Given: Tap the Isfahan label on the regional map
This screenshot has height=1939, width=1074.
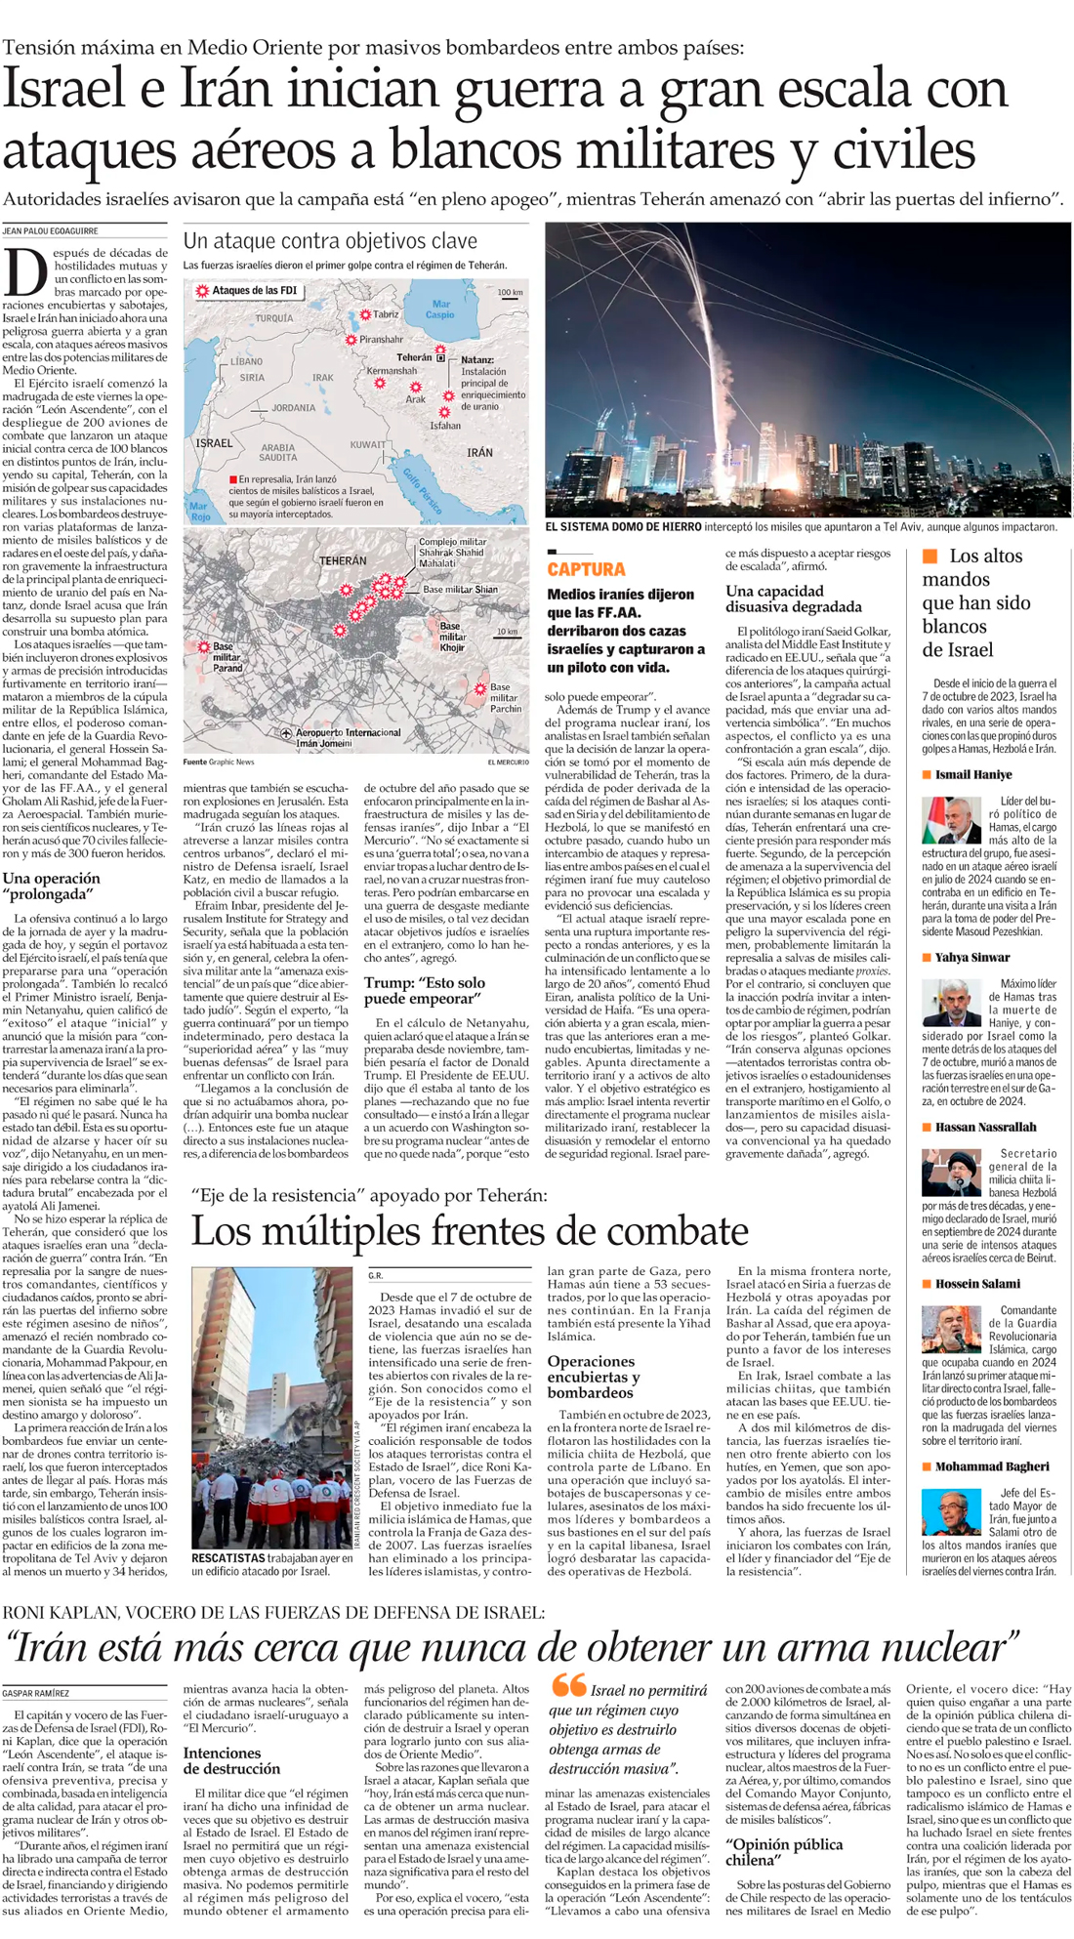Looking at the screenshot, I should click(445, 426).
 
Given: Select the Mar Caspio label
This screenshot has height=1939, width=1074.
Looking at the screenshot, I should click(441, 309).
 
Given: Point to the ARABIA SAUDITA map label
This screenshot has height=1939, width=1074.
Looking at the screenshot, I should click(278, 452).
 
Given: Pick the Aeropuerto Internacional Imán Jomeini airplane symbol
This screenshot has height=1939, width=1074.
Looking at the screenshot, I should click(286, 733).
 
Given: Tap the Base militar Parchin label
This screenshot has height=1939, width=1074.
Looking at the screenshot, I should click(505, 697).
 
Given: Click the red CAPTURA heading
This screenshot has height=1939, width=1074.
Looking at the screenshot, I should click(586, 569).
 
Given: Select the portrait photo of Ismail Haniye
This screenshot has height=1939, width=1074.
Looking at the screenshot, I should click(951, 820).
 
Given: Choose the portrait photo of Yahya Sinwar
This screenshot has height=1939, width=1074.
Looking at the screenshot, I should click(951, 1003).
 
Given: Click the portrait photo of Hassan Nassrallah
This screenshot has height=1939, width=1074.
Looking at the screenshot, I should click(951, 1172).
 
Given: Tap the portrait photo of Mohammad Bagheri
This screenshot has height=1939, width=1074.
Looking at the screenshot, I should click(951, 1511).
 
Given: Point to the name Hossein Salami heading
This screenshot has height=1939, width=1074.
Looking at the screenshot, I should click(977, 1284).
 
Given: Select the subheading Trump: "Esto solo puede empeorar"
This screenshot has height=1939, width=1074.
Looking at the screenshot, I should click(424, 990).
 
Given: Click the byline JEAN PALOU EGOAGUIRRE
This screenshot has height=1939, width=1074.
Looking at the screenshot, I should click(50, 231).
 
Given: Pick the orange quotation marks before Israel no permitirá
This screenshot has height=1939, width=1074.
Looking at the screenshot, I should click(568, 1685).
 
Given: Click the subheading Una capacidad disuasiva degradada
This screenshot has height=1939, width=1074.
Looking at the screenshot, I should click(793, 598).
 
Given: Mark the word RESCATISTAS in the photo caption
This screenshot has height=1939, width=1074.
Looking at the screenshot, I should click(228, 1557).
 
